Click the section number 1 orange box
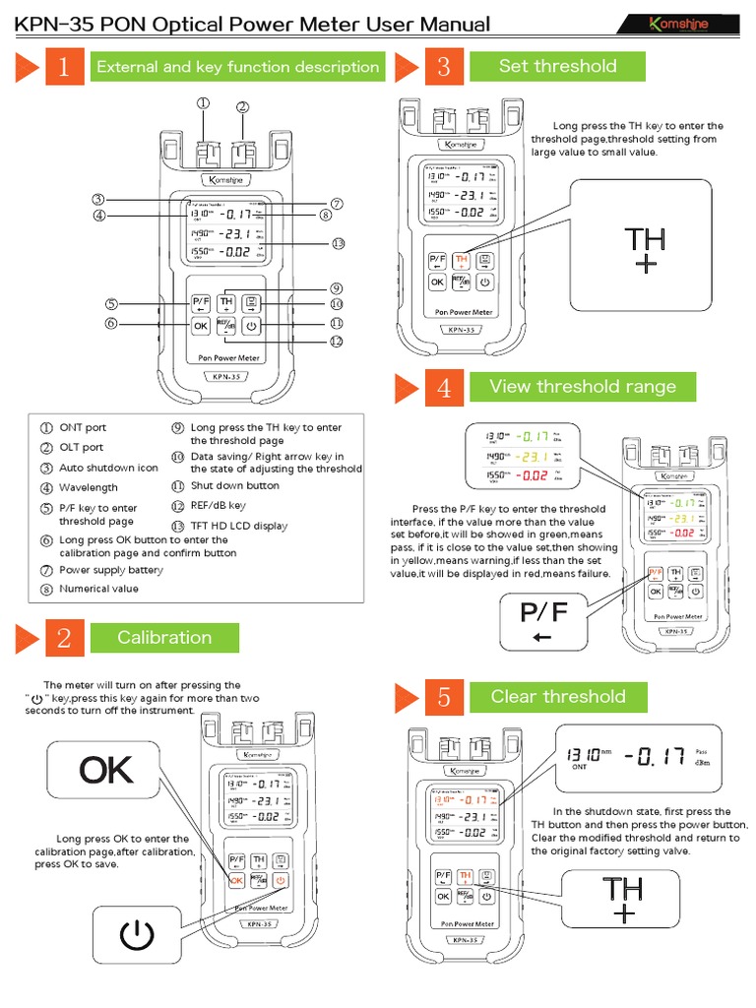[x=64, y=67]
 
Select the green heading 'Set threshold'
[x=557, y=66]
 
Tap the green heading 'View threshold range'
[x=582, y=386]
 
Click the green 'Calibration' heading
[x=164, y=637]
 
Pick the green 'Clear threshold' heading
[x=557, y=697]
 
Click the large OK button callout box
[x=106, y=771]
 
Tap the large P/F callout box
[x=543, y=623]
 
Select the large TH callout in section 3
[x=645, y=249]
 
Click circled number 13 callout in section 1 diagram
[x=338, y=243]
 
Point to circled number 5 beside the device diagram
[x=112, y=304]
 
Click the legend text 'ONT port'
[x=83, y=427]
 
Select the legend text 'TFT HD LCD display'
[x=239, y=526]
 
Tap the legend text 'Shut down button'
[x=234, y=485]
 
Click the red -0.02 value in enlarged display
[x=535, y=475]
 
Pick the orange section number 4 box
[x=444, y=387]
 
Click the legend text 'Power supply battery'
[x=111, y=570]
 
